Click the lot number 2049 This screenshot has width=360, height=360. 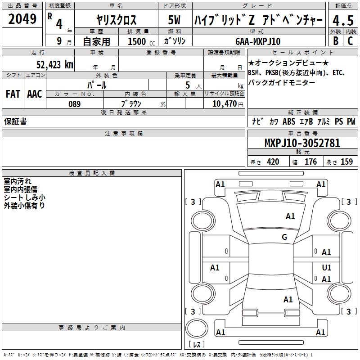point(22,19)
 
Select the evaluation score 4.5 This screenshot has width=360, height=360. point(343,21)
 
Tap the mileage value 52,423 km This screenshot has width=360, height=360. point(55,64)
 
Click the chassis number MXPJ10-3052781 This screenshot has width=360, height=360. point(302,143)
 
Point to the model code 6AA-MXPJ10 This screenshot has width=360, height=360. point(258,41)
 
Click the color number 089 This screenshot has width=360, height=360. point(75,104)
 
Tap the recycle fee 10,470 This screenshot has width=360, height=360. point(223,104)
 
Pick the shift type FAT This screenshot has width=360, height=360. point(13,94)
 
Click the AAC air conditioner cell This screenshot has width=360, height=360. point(35,94)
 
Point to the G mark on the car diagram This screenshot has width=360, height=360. point(284,237)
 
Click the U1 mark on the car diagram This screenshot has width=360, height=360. point(327,267)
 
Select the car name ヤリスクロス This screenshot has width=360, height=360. point(117,21)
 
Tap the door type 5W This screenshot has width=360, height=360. point(174,21)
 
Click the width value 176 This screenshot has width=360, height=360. point(310,162)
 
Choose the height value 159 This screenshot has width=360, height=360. point(346,162)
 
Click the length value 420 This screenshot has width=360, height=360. point(273,162)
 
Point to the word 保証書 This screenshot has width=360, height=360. point(15,121)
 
